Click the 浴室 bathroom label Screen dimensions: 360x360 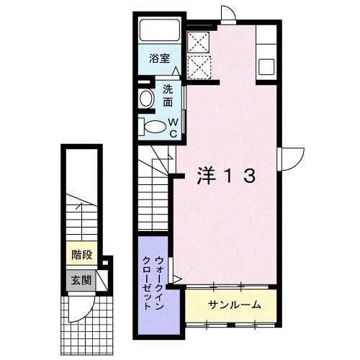pyautogui.click(x=159, y=58)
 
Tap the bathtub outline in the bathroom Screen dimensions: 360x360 pyautogui.click(x=160, y=30)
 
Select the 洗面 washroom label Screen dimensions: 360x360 pyautogui.click(x=168, y=96)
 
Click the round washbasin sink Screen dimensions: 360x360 pyautogui.click(x=146, y=99)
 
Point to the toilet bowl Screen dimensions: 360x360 pyautogui.click(x=156, y=126)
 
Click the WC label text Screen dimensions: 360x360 pyautogui.click(x=174, y=128)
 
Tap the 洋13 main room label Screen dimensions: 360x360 pyautogui.click(x=226, y=176)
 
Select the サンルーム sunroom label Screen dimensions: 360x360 pyautogui.click(x=235, y=305)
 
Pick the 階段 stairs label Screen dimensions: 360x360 pyautogui.click(x=82, y=255)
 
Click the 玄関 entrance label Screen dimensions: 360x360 pyautogui.click(x=81, y=280)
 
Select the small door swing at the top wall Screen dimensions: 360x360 pyautogui.click(x=231, y=11)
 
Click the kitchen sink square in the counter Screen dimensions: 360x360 pyautogui.click(x=266, y=66)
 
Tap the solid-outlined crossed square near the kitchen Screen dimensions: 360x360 pyautogui.click(x=199, y=42)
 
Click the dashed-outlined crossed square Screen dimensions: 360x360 pyautogui.click(x=199, y=67)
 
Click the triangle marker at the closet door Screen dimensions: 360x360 pyautogui.click(x=178, y=279)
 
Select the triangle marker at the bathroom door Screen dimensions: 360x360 pyautogui.click(x=176, y=71)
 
